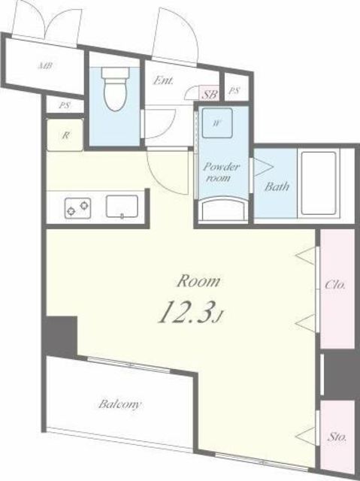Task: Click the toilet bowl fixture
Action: tap(115, 89)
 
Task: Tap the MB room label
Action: tap(45, 65)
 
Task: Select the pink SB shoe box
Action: tap(210, 93)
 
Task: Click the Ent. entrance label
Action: tap(163, 81)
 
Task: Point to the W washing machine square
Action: tap(217, 123)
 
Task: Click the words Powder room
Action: tap(222, 172)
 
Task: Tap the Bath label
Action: tap(277, 186)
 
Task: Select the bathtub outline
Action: tap(319, 183)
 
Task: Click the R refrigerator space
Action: tap(65, 135)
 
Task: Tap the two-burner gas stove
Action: tap(77, 208)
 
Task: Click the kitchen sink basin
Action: tap(122, 207)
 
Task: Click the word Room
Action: tap(198, 281)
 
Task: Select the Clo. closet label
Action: tap(335, 285)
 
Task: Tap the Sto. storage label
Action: tap(337, 437)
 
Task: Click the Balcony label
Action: tap(120, 404)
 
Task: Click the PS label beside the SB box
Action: tap(234, 91)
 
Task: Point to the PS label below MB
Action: tap(64, 105)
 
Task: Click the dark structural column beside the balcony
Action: tap(61, 336)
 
